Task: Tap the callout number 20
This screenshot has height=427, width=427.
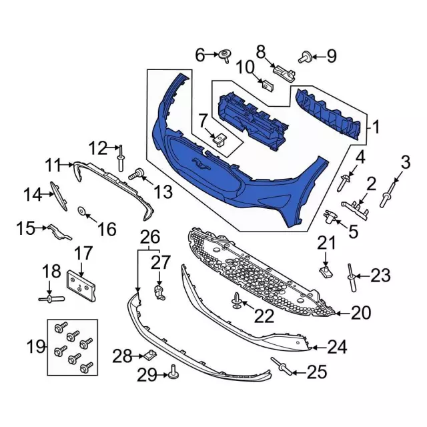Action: click(x=361, y=312)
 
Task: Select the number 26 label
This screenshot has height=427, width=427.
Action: click(x=150, y=236)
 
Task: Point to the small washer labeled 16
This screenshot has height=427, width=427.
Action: click(x=81, y=212)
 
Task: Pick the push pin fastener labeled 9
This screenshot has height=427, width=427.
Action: click(x=307, y=56)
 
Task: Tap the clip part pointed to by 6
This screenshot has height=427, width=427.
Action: click(x=225, y=56)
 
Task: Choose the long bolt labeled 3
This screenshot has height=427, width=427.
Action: click(x=387, y=194)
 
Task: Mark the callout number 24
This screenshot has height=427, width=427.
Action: click(x=338, y=346)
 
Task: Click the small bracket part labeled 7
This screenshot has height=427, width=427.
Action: click(x=220, y=139)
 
